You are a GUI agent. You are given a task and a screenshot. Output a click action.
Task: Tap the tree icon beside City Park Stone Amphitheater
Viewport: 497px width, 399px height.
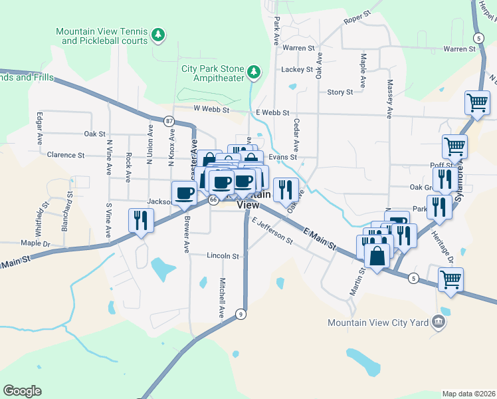(x=253, y=71)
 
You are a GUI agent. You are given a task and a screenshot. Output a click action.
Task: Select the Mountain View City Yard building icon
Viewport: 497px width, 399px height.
(x=438, y=323)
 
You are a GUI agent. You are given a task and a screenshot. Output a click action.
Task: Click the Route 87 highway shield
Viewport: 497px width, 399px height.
(x=169, y=121)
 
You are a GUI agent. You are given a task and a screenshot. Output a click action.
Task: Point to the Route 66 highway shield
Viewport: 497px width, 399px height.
(x=213, y=199)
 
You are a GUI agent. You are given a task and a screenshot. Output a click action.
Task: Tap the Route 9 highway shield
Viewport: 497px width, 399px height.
(x=241, y=314)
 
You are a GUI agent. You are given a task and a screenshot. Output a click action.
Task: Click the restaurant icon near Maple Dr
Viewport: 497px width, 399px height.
(x=141, y=220)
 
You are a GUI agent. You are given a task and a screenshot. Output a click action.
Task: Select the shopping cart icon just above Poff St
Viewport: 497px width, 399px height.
(x=454, y=146)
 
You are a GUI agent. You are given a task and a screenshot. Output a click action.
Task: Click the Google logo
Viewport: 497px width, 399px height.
(x=22, y=391)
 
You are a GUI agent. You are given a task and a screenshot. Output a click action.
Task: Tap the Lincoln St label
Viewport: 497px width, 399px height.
(x=223, y=255)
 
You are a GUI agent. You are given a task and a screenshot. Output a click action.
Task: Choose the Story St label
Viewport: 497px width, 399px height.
(x=340, y=92)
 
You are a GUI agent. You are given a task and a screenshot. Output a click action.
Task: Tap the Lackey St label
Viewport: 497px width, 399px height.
(x=296, y=69)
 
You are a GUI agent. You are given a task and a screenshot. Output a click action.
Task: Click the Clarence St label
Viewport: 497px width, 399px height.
(x=66, y=155)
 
